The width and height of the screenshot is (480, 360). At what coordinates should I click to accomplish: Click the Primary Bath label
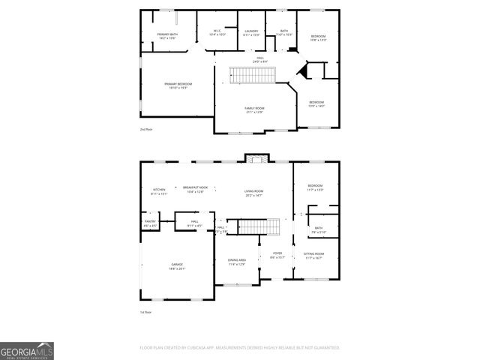(167, 36)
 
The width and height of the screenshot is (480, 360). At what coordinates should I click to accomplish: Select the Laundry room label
(251, 33)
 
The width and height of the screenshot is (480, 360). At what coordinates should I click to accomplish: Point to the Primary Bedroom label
(178, 85)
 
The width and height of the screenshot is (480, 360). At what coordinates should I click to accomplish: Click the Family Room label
(254, 110)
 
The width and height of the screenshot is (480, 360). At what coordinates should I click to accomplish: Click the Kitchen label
(159, 191)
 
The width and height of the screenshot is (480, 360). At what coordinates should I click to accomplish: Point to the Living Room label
(253, 193)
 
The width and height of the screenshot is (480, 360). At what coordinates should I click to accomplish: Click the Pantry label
(150, 223)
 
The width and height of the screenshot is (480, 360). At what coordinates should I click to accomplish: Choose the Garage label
(177, 267)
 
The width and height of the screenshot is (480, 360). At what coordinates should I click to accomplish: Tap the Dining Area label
(237, 262)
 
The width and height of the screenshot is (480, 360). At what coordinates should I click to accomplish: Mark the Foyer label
(277, 255)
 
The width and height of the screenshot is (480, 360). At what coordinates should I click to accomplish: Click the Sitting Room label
(313, 256)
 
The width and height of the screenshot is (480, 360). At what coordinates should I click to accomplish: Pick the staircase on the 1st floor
(254, 226)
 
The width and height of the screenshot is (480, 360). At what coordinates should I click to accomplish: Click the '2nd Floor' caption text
(145, 130)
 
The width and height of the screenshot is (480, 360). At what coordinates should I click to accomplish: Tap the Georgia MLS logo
(27, 351)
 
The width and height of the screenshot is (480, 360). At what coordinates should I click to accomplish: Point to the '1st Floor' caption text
(145, 312)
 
